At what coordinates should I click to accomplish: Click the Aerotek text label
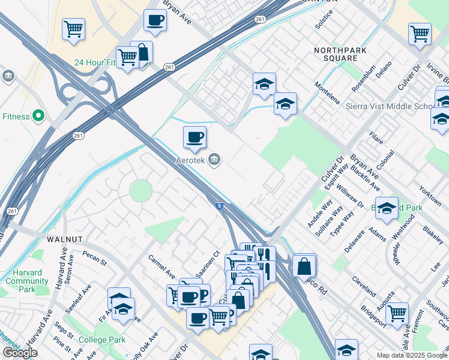190,160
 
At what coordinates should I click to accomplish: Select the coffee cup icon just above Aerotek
194,137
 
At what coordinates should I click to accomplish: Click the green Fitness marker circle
39,116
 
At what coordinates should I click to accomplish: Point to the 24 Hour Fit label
94,62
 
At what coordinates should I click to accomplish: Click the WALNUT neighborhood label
64,239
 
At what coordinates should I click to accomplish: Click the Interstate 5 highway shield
221,206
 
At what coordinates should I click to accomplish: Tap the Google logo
20,352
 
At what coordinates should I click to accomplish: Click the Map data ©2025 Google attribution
412,355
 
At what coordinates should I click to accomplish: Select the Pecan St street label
94,258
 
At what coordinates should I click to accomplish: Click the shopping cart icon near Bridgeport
397,313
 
